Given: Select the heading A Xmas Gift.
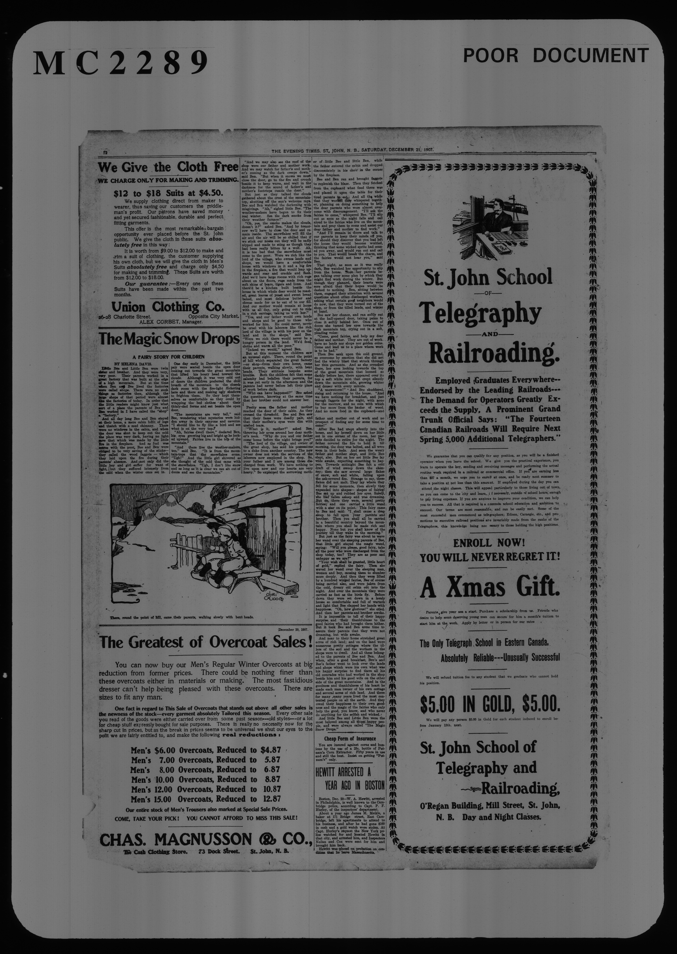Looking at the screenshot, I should tap(490, 588).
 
